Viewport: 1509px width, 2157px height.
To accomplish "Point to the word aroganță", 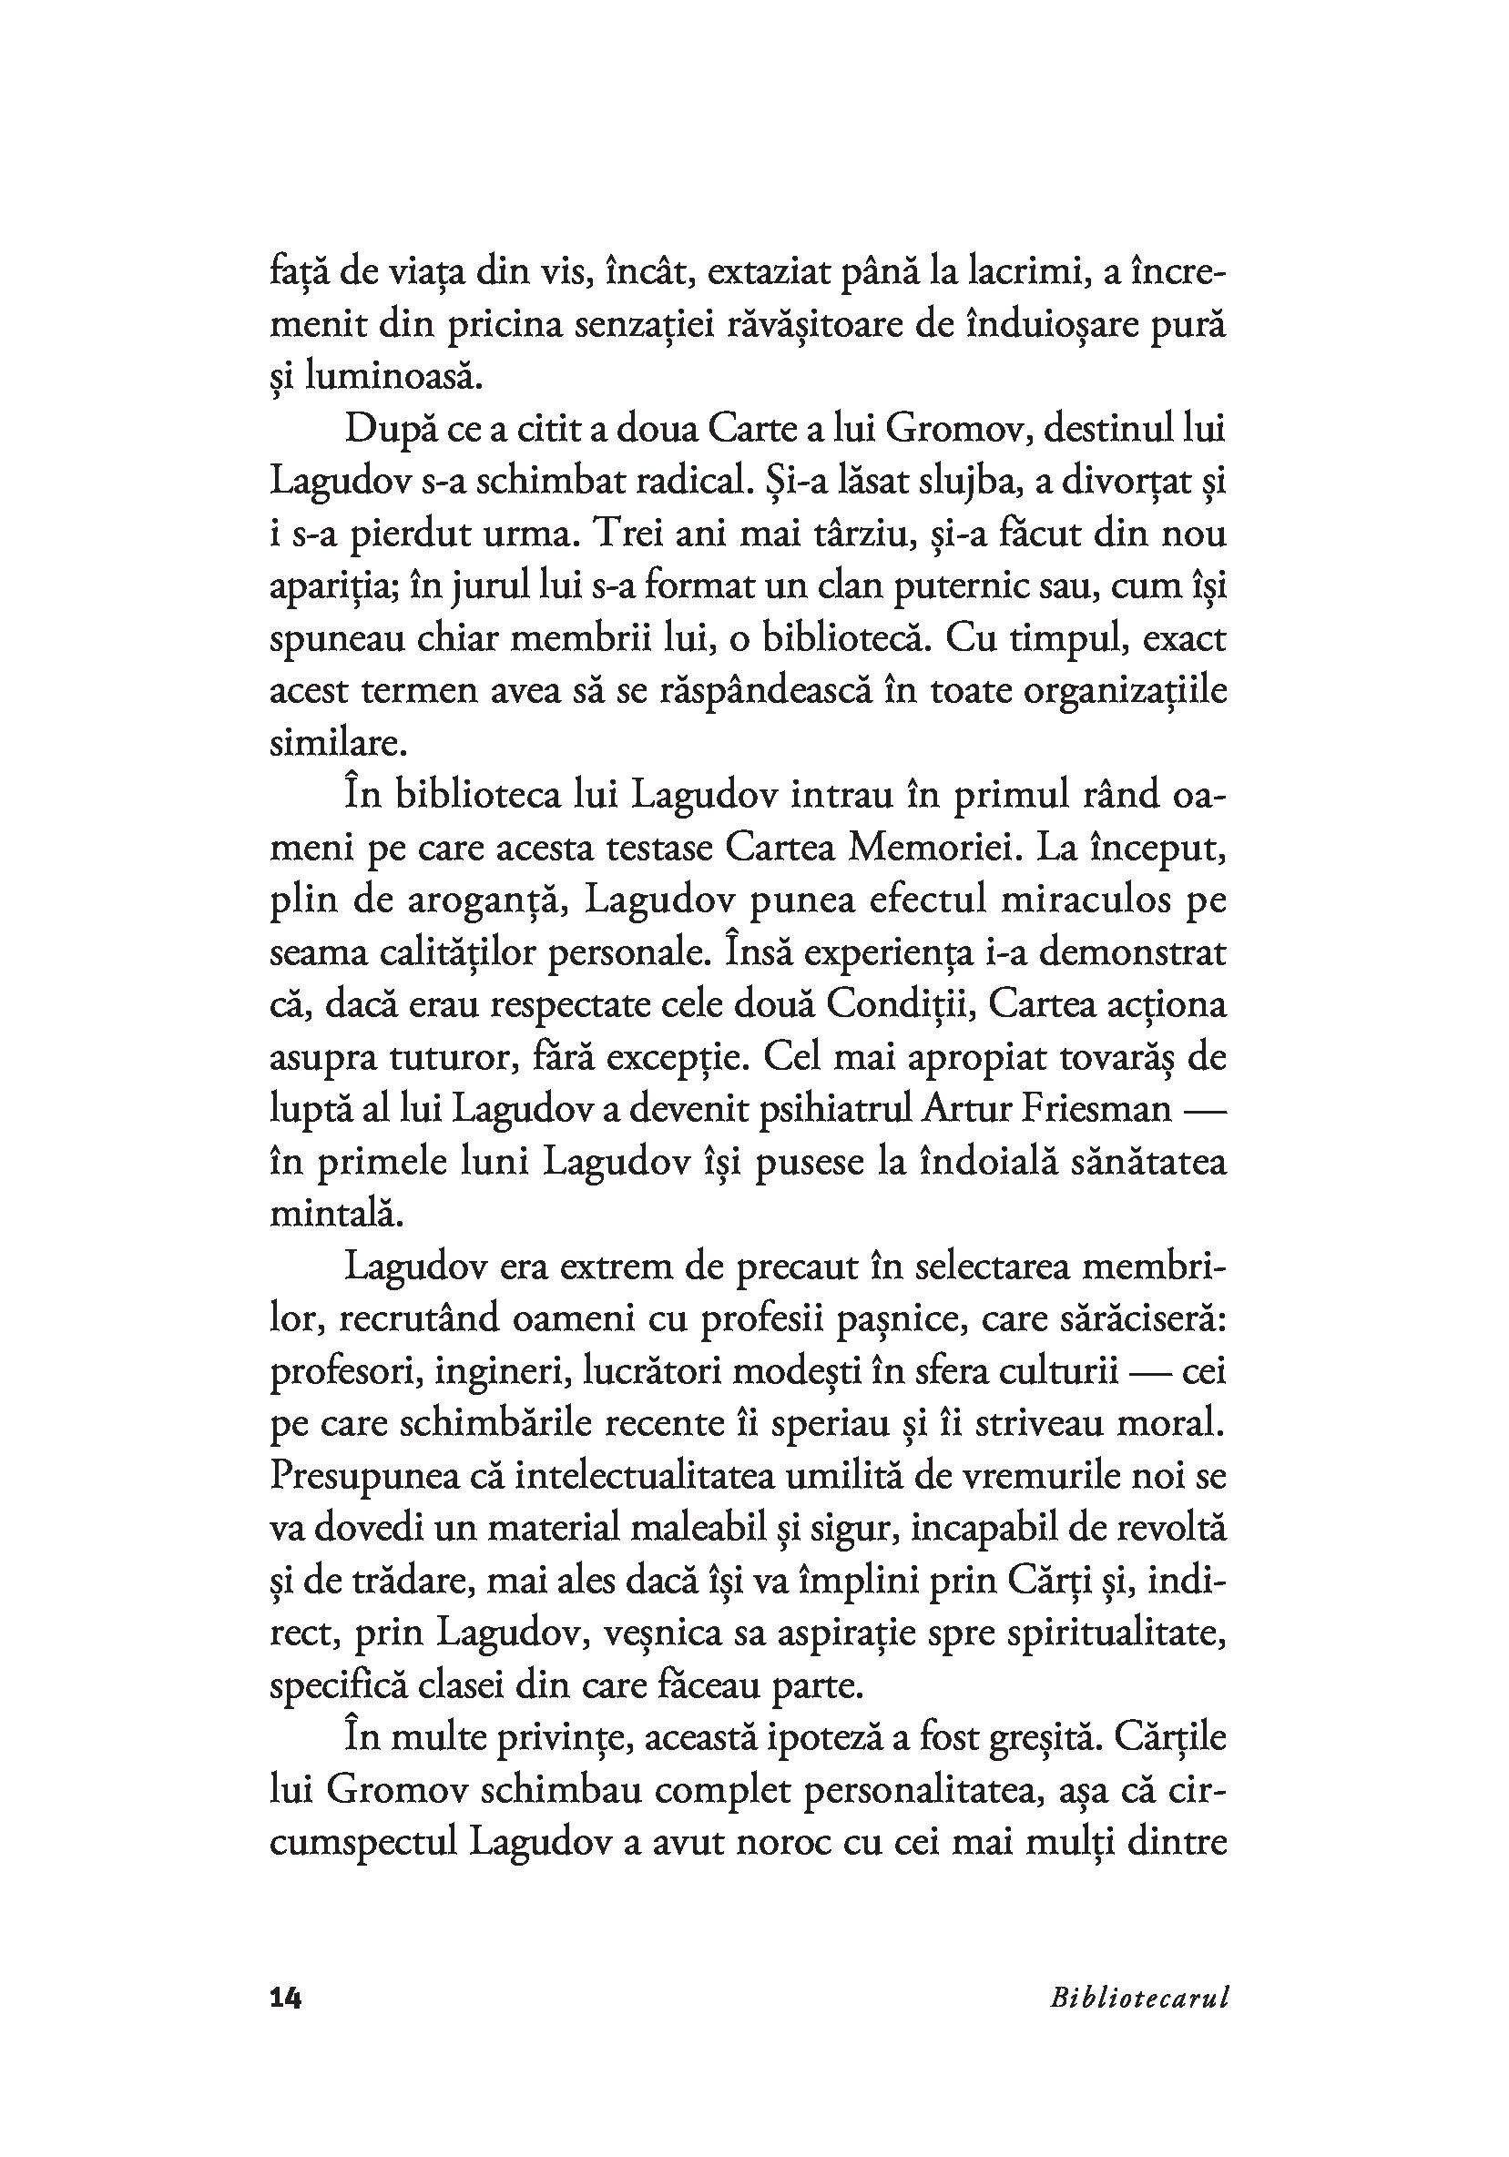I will click(491, 900).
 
